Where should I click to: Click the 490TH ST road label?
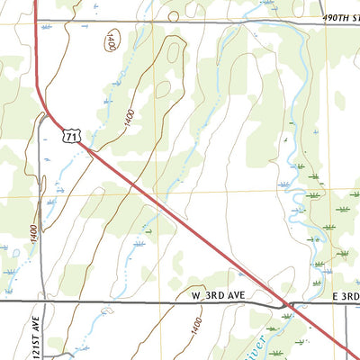point(340,17)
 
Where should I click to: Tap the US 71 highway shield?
point(72,134)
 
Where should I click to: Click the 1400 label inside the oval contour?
point(110,41)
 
